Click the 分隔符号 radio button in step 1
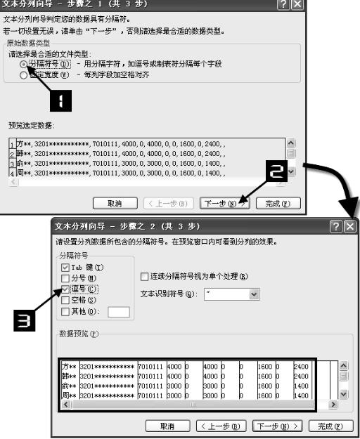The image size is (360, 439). tap(24, 64)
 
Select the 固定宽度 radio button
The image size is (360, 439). tap(24, 74)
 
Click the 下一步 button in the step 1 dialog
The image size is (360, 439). tap(224, 204)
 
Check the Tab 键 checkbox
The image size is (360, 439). tap(65, 268)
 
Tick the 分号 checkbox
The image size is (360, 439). tap(65, 278)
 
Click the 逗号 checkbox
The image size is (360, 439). tap(65, 289)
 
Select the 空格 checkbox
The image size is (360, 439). tap(65, 300)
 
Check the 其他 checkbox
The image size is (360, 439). tap(65, 311)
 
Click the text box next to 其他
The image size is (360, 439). tap(118, 312)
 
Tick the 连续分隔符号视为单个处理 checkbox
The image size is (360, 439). tap(145, 276)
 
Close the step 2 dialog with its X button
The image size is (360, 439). tap(349, 226)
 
